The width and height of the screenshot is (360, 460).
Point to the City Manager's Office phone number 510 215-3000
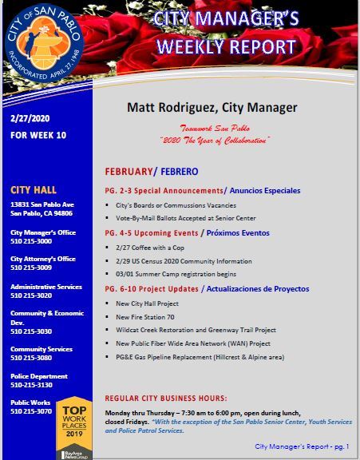coord(31,240)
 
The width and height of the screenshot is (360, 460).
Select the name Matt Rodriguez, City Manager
coord(212,107)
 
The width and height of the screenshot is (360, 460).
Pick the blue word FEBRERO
coord(182,172)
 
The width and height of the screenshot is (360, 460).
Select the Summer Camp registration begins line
coord(166,273)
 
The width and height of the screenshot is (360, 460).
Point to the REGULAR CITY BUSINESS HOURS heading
coord(166,397)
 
